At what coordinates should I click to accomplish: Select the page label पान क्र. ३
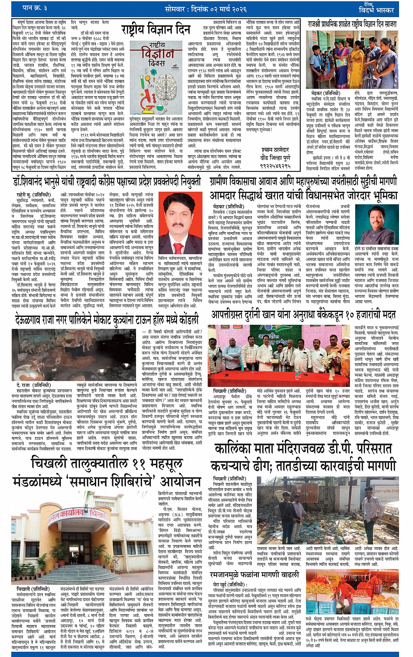click(35, 8)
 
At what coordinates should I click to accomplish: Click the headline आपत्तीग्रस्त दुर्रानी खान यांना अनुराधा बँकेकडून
click(304, 315)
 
